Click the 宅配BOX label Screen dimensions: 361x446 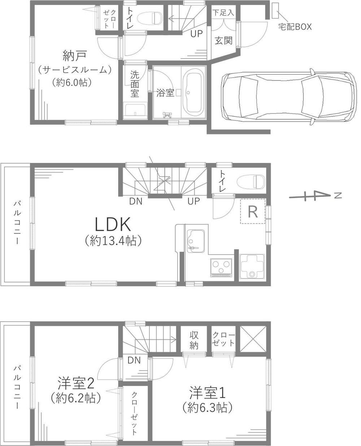(295, 27)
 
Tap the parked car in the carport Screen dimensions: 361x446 (289, 96)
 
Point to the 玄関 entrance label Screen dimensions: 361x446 (224, 40)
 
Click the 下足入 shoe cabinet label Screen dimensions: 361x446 (223, 13)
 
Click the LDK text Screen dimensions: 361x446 (113, 224)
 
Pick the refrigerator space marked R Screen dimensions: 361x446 (253, 211)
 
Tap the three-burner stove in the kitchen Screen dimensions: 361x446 (221, 268)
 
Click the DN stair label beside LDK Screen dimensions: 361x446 (136, 201)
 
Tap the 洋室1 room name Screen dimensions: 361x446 (207, 393)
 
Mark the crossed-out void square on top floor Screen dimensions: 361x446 (253, 339)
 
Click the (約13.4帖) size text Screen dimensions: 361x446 (113, 241)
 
